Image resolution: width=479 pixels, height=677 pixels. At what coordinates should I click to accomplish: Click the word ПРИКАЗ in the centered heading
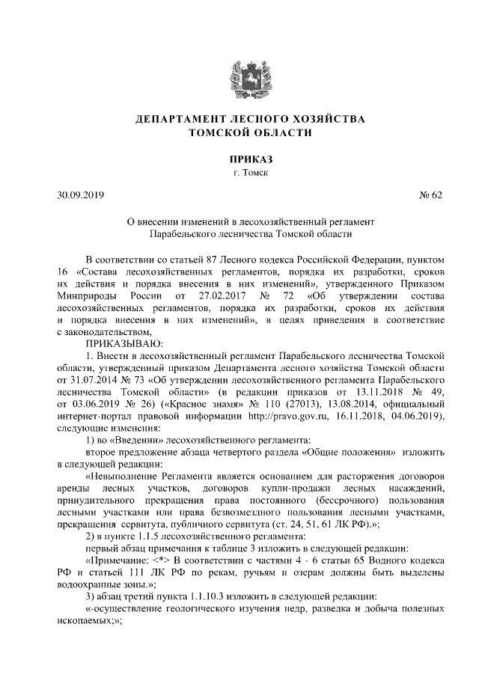(x=239, y=159)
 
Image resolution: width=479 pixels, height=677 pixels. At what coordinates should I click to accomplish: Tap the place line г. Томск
(x=239, y=173)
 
